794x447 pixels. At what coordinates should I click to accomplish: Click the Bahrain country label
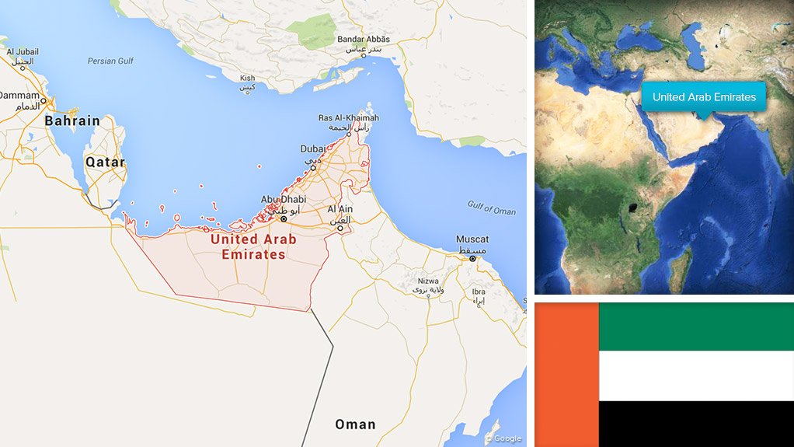(x=72, y=120)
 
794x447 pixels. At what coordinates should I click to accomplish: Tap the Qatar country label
(x=105, y=162)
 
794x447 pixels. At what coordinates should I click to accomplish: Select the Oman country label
(x=355, y=424)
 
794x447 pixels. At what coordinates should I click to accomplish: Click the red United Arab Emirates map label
(x=253, y=246)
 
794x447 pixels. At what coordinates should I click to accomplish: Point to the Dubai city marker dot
(x=313, y=167)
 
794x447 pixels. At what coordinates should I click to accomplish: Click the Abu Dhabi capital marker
(x=284, y=219)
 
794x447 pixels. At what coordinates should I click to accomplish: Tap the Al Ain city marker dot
(x=340, y=229)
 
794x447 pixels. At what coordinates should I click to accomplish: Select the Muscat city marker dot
(x=472, y=259)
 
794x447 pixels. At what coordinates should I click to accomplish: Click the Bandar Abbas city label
(x=364, y=40)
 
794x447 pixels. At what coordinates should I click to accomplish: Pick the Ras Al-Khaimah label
(x=349, y=118)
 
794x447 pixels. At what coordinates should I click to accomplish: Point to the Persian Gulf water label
(x=111, y=61)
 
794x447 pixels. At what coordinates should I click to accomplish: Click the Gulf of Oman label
(x=491, y=208)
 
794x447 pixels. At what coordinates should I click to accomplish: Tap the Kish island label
(x=247, y=78)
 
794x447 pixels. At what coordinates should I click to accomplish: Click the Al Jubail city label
(x=22, y=52)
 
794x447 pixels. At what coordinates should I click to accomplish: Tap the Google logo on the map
(x=503, y=438)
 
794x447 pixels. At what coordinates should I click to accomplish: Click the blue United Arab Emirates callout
(x=704, y=97)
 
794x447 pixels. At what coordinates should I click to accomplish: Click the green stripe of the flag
(x=696, y=326)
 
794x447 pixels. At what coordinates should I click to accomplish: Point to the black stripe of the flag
(x=696, y=424)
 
